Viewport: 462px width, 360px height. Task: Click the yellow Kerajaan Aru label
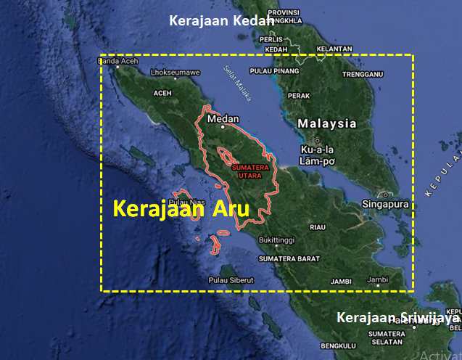181,210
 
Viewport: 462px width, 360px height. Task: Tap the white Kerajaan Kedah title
221,20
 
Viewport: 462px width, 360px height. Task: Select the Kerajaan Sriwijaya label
399,318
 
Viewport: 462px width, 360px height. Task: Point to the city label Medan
223,118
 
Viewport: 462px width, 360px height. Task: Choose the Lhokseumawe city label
175,73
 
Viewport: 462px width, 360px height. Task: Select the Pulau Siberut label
229,279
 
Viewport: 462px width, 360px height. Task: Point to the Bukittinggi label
279,239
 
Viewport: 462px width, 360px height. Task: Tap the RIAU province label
318,227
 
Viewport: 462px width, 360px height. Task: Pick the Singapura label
384,205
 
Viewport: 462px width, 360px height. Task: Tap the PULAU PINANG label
274,71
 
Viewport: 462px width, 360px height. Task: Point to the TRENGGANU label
363,74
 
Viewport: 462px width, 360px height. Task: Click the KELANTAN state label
334,49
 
